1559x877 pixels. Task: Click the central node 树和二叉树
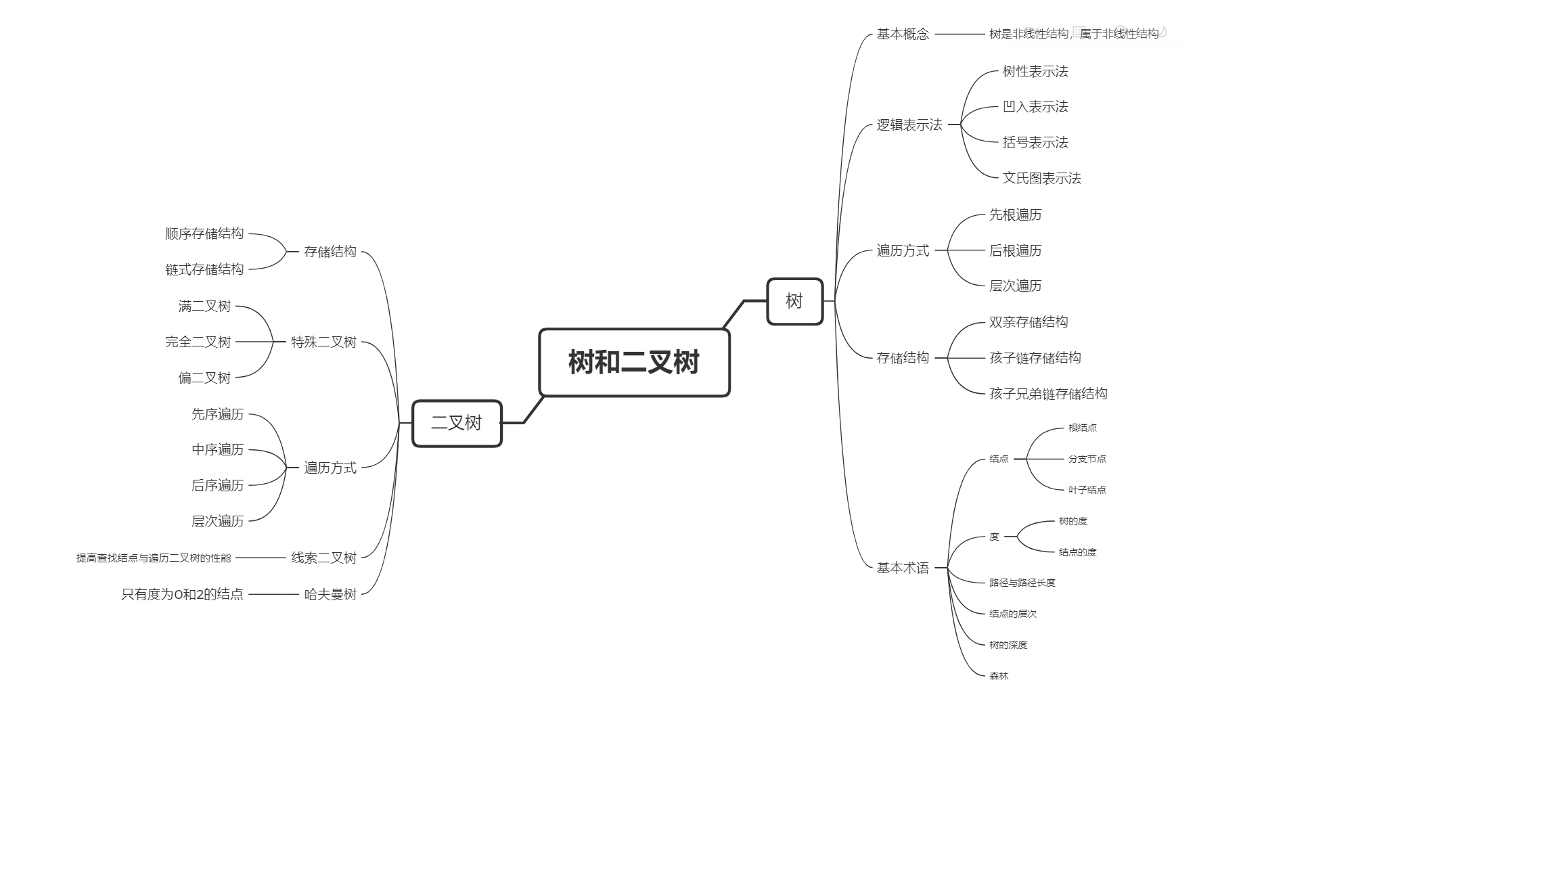(634, 362)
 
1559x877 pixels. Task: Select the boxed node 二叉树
(457, 423)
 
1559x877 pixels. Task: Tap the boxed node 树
(794, 301)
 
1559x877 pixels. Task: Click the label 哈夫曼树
(330, 594)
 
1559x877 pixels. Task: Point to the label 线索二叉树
(323, 558)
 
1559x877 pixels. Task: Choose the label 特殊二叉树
(323, 342)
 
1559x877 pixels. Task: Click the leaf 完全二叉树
(198, 342)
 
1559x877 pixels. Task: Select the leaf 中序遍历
(217, 449)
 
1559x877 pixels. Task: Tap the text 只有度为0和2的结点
(182, 594)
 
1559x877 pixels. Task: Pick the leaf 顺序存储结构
(204, 233)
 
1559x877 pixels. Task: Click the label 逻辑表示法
(909, 125)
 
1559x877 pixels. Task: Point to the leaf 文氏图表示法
(1041, 178)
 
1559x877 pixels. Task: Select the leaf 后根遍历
(1015, 250)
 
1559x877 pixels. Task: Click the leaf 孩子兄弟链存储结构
(1048, 394)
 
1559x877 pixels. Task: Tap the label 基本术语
(903, 568)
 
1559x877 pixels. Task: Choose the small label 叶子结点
(1087, 490)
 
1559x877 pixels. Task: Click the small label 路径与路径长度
(1022, 583)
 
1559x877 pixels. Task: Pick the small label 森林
(999, 676)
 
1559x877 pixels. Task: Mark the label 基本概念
(903, 34)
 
